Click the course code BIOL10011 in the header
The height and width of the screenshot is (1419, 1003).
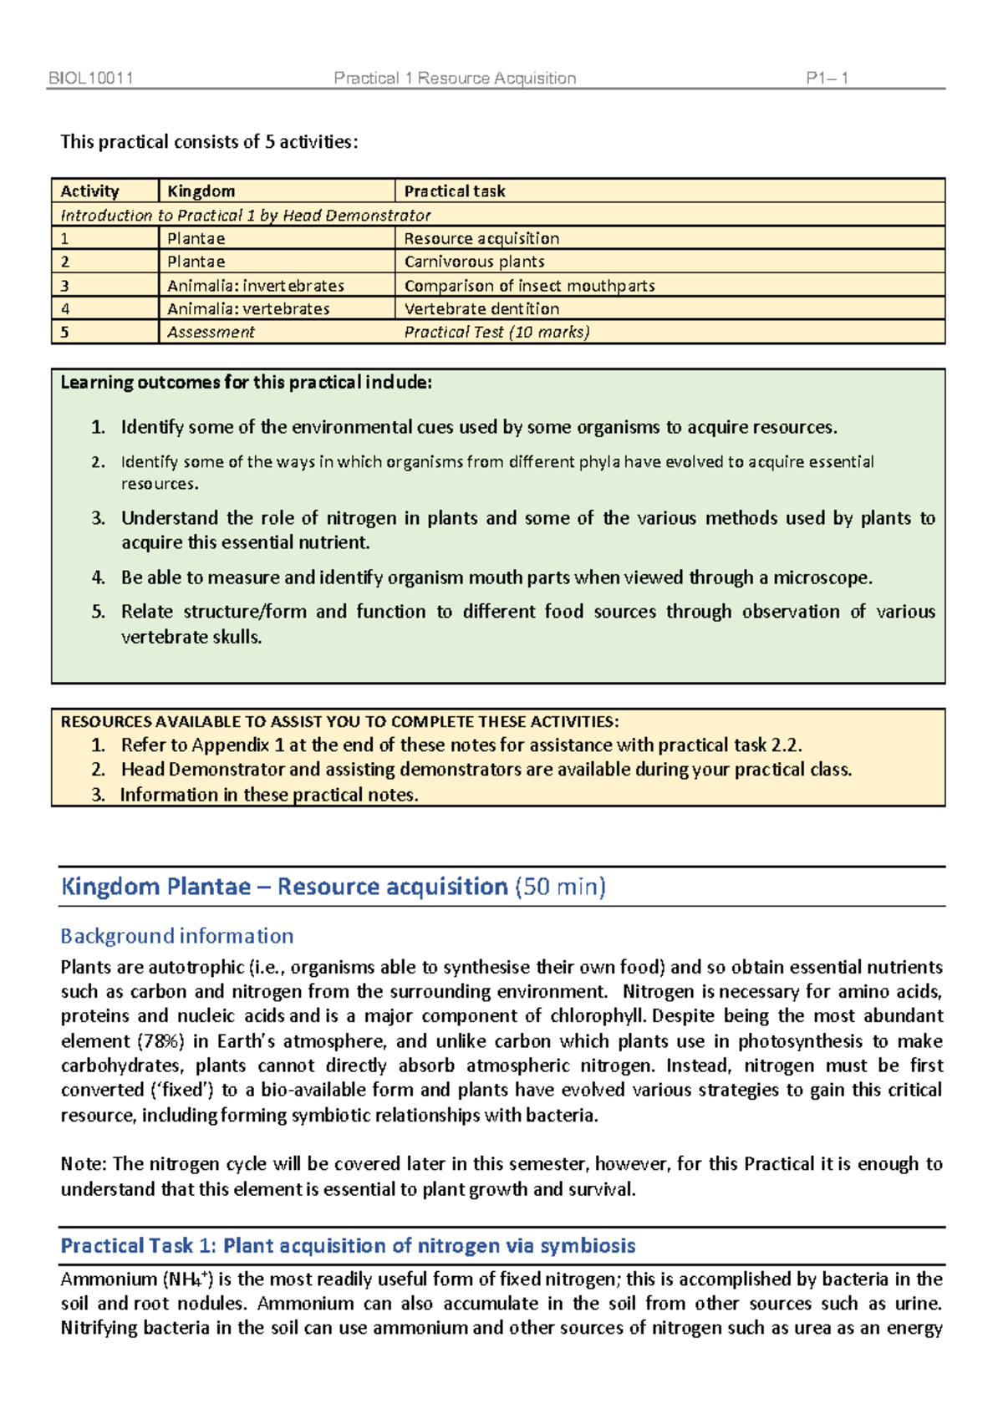pos(91,79)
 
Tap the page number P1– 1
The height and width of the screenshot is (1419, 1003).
pos(827,79)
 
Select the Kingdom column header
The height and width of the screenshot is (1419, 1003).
pos(201,191)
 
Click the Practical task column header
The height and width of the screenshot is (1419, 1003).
pos(455,191)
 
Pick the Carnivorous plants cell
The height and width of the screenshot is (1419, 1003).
pos(474,262)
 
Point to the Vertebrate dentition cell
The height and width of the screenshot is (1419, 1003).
pos(481,308)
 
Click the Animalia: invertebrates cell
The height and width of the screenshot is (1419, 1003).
pos(255,286)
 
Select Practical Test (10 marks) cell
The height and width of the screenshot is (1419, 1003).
pos(496,332)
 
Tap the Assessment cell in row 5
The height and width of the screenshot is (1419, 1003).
pos(211,332)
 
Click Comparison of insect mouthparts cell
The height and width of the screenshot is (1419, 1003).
pos(529,286)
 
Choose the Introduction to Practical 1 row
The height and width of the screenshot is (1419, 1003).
pos(246,216)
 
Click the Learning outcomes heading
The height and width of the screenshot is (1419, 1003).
pos(246,383)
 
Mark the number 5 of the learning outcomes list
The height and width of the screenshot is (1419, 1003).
pos(98,612)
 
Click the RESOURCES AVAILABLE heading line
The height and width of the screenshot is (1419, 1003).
pos(339,722)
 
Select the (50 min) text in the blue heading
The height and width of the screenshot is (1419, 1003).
pos(560,887)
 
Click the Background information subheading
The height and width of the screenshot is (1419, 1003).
pos(177,936)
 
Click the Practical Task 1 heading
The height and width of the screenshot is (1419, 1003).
pos(348,1246)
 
